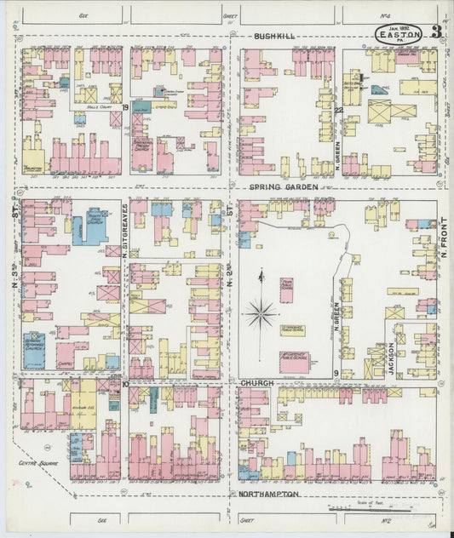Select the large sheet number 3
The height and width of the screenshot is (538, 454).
(x=435, y=33)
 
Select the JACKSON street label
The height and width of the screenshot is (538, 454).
(x=393, y=360)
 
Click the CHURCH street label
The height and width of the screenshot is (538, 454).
(x=257, y=383)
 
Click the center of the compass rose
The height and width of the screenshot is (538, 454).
(x=261, y=312)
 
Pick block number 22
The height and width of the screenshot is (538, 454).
(x=337, y=109)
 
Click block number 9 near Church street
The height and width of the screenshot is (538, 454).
(x=337, y=373)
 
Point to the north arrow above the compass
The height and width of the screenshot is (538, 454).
(x=261, y=277)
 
